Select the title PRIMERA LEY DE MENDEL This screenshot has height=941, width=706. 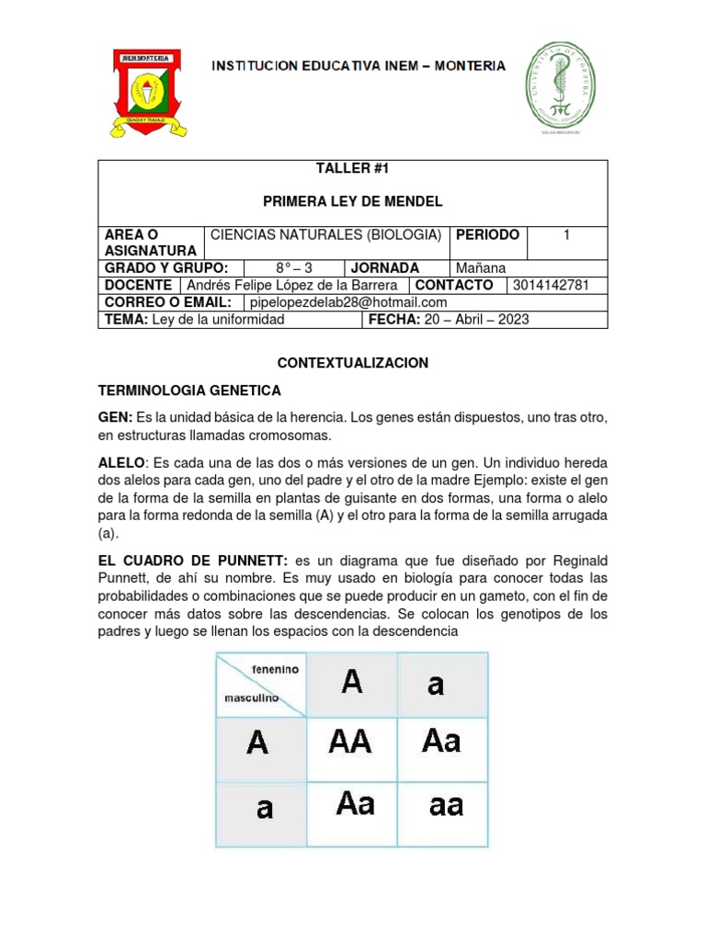tap(352, 201)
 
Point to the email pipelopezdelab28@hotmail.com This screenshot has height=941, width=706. tap(348, 302)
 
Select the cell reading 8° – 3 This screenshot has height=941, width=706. tap(294, 267)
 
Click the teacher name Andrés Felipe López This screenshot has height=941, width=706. tap(292, 285)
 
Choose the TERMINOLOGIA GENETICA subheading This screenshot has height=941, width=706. tap(189, 391)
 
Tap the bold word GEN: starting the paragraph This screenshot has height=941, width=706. tap(115, 417)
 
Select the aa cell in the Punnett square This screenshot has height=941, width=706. tap(446, 806)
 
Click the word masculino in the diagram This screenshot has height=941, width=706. tap(251, 697)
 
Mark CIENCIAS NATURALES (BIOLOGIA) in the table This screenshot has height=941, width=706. tap(326, 234)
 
